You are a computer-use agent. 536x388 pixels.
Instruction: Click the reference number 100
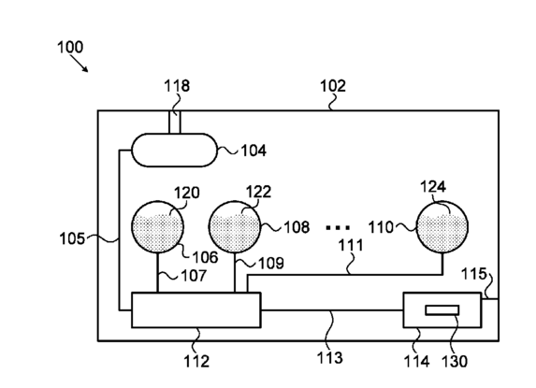70,47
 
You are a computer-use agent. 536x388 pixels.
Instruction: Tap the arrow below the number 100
80,64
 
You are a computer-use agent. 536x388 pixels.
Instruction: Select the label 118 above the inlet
177,86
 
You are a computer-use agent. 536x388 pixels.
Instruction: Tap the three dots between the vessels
338,227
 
